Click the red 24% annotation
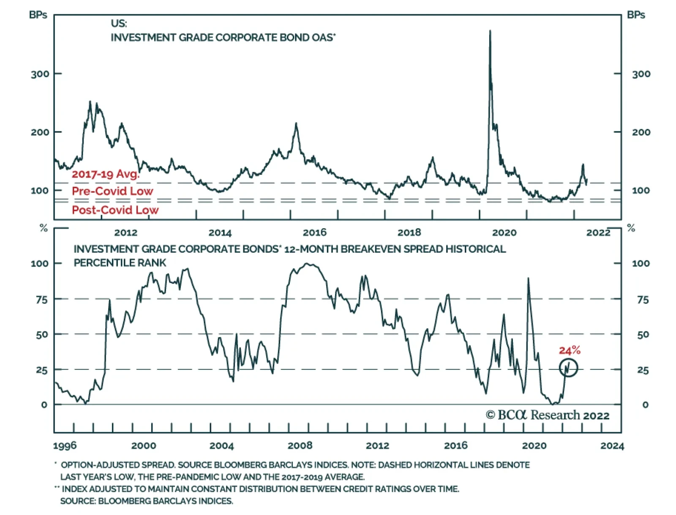[x=570, y=350]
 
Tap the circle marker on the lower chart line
[x=568, y=368]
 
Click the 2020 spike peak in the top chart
[x=490, y=31]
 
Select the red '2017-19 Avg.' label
[x=105, y=174]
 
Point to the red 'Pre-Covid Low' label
[x=112, y=191]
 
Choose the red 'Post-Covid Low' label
[x=115, y=210]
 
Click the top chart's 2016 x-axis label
[x=314, y=232]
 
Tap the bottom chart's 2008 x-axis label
[x=300, y=445]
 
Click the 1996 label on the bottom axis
[x=65, y=446]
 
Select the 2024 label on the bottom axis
[x=612, y=446]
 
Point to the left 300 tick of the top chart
[x=40, y=74]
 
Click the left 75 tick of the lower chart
[x=42, y=300]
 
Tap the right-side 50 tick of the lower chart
[x=643, y=335]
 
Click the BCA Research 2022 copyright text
[x=548, y=415]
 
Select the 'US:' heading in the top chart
[x=119, y=23]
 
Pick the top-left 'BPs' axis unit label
[x=38, y=15]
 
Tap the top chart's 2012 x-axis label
[x=125, y=232]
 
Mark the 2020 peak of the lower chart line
[x=528, y=278]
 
